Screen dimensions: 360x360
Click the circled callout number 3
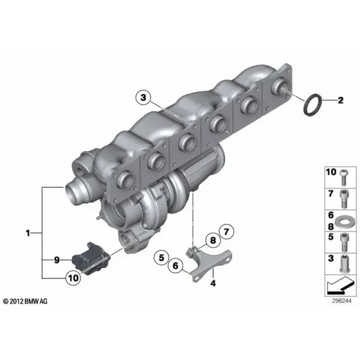click(x=143, y=98)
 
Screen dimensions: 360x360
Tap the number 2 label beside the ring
click(x=340, y=100)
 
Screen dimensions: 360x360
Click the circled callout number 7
click(x=226, y=232)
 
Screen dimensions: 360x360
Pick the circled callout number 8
click(x=213, y=241)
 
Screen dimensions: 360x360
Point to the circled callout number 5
click(x=161, y=257)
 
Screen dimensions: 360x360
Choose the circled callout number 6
click(x=175, y=266)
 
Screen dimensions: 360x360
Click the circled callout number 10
click(x=73, y=278)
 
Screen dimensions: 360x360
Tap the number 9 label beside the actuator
click(x=57, y=260)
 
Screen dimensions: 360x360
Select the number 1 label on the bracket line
click(x=28, y=233)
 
